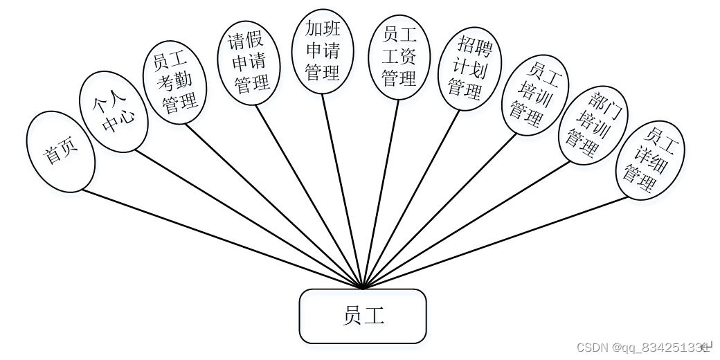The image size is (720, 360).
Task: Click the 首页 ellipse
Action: coord(60,152)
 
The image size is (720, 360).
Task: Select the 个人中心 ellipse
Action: coord(113,111)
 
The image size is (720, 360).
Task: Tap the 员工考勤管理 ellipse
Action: coord(174,83)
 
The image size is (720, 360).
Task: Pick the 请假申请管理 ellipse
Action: coord(249,62)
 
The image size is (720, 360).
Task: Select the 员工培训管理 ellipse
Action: coord(534,95)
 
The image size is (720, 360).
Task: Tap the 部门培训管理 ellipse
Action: coord(593,125)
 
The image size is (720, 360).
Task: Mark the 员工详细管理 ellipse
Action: coord(650,161)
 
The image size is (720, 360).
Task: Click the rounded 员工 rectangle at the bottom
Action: coord(363,316)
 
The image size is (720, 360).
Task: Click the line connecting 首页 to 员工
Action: coord(222,239)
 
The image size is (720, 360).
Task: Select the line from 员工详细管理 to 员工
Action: coord(496,242)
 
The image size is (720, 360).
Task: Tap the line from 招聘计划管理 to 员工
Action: coord(412,198)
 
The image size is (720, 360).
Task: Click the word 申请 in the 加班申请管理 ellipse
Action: coord(323,51)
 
